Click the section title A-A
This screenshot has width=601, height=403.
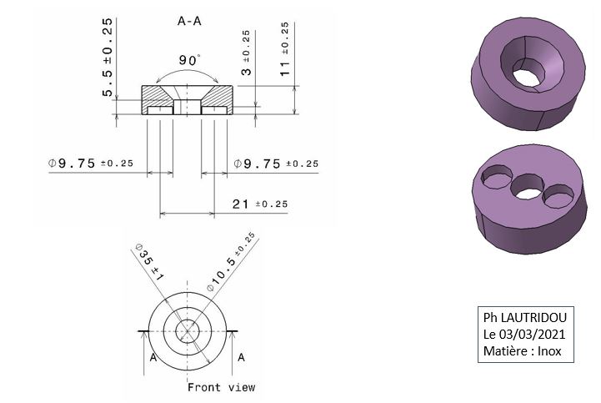point(189,21)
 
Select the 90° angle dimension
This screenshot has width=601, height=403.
point(189,60)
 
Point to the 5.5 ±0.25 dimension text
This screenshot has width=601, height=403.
point(108,57)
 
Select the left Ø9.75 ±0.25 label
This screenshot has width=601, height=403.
point(91,164)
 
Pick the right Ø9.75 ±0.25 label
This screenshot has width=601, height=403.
point(276,164)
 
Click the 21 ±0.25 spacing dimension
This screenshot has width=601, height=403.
point(260,204)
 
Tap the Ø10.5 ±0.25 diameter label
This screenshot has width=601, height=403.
point(231,262)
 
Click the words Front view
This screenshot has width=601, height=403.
point(221,387)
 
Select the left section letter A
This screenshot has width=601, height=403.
point(153,358)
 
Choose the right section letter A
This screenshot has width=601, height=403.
point(241,357)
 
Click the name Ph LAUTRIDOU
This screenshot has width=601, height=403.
point(524,318)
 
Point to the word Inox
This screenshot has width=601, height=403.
point(549,351)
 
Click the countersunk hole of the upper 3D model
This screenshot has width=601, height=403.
point(532,64)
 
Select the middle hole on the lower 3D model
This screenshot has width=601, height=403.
point(528,187)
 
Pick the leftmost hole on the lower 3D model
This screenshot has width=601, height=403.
point(497,177)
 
